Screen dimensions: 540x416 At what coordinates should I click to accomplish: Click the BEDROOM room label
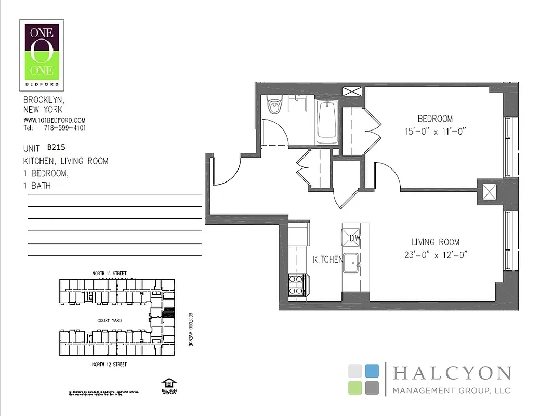435,119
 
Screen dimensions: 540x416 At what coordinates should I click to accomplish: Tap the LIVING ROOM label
436,242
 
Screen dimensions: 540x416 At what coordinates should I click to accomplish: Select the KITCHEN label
327,259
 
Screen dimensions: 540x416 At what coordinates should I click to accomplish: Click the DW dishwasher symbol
354,238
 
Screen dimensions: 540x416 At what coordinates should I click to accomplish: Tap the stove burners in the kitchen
297,285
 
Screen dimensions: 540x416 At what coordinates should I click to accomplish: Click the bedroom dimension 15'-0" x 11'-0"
435,131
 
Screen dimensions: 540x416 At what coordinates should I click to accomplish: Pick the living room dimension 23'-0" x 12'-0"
436,255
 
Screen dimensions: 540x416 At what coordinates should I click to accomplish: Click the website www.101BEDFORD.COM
55,120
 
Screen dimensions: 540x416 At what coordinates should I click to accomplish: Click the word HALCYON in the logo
452,373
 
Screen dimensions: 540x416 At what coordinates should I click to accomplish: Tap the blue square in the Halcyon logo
372,371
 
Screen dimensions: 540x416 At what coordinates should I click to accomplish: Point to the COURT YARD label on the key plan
109,321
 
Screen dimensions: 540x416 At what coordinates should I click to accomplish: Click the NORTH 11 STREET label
109,273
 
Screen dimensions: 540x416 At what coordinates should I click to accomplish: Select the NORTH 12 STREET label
109,365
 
